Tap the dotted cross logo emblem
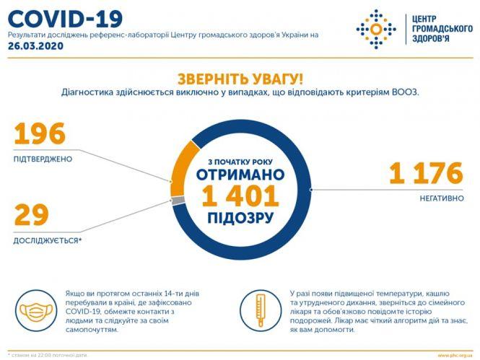pyautogui.click(x=375, y=29)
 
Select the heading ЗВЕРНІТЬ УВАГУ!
pyautogui.click(x=240, y=78)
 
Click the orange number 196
pyautogui.click(x=40, y=134)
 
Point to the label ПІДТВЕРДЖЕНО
pyautogui.click(x=43, y=159)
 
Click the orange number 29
pyautogui.click(x=31, y=215)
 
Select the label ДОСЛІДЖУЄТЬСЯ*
pyautogui.click(x=48, y=239)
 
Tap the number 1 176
pyautogui.click(x=425, y=173)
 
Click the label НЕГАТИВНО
pyautogui.click(x=440, y=198)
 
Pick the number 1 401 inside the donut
pyautogui.click(x=240, y=196)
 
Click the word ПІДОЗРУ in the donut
pyautogui.click(x=240, y=217)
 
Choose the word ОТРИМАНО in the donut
pyautogui.click(x=240, y=175)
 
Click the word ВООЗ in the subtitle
pyautogui.click(x=404, y=92)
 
